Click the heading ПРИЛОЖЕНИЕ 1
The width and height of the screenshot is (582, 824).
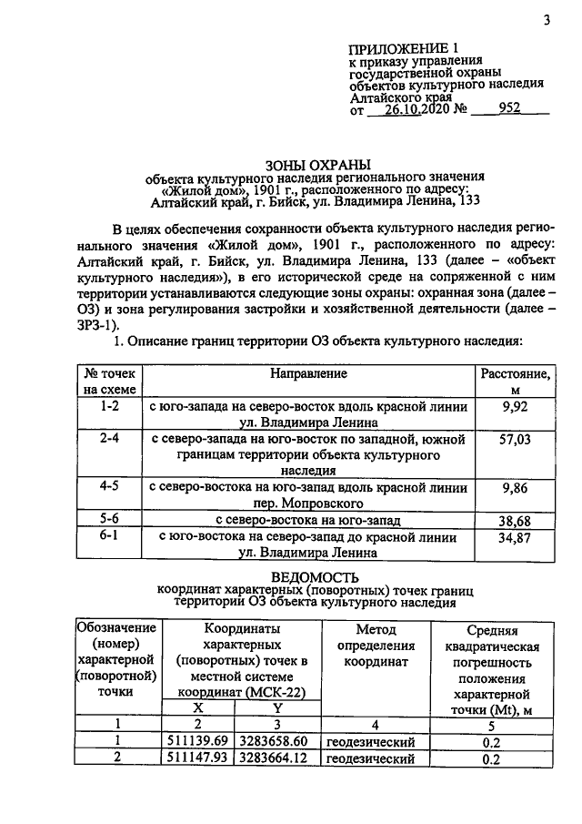pyautogui.click(x=400, y=46)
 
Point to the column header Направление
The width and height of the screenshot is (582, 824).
pyautogui.click(x=309, y=373)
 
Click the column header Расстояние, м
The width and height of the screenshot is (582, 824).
pyautogui.click(x=515, y=381)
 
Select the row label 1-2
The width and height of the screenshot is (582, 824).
pyautogui.click(x=109, y=407)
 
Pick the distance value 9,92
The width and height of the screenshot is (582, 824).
pyautogui.click(x=515, y=407)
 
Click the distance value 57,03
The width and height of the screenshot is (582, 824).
pyautogui.click(x=515, y=440)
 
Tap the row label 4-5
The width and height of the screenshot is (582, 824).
pyautogui.click(x=109, y=487)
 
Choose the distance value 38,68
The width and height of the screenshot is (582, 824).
pyautogui.click(x=515, y=520)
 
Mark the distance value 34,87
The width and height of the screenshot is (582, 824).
pyautogui.click(x=515, y=537)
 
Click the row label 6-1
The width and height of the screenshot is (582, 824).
pyautogui.click(x=109, y=537)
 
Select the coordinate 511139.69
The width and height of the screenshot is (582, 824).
pyautogui.click(x=200, y=741)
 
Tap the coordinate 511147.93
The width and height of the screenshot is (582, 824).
pyautogui.click(x=200, y=758)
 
